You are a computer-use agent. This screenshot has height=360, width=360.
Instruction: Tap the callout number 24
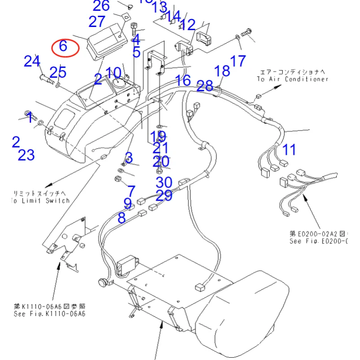[x=32, y=61]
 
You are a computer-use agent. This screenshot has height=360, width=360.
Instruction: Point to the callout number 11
[x=289, y=149]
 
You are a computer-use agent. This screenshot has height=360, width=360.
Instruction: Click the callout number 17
[x=238, y=61]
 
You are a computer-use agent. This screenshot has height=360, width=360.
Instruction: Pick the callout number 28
[x=205, y=85]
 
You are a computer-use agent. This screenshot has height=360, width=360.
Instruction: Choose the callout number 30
[x=164, y=182]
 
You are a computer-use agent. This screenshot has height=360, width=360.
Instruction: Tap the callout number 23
[x=27, y=155]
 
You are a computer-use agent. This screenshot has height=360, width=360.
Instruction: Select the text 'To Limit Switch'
[x=40, y=201]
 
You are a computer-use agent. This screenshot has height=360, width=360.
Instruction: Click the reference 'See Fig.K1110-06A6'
[x=49, y=313]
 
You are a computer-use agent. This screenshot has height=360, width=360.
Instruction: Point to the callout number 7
[x=131, y=191]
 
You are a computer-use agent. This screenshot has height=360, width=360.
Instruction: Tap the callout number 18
[x=222, y=71]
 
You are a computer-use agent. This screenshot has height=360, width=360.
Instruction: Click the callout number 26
[x=101, y=6]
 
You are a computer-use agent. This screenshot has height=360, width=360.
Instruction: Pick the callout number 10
[x=113, y=73]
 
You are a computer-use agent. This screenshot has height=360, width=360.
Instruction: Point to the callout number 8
[x=121, y=218]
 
